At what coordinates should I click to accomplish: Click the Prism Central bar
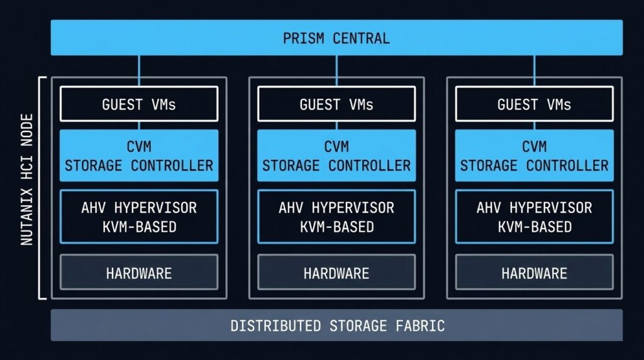(336, 38)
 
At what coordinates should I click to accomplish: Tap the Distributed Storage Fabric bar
(336, 325)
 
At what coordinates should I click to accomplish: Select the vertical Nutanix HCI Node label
(27, 188)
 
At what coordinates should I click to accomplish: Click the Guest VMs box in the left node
(139, 104)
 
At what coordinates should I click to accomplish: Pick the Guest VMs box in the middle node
(336, 104)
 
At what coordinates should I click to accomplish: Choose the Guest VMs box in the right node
(534, 104)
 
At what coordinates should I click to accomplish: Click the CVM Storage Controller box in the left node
(139, 156)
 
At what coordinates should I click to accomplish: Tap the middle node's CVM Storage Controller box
(336, 156)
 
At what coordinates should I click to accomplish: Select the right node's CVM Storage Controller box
(534, 156)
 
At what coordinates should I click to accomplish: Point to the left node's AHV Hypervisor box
(139, 217)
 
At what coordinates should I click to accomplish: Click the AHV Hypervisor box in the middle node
(336, 217)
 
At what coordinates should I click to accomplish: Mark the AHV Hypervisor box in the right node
(534, 217)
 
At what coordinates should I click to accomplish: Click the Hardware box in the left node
(139, 273)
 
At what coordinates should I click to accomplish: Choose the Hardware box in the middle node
(336, 273)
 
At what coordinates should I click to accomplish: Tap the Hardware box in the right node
(534, 273)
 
